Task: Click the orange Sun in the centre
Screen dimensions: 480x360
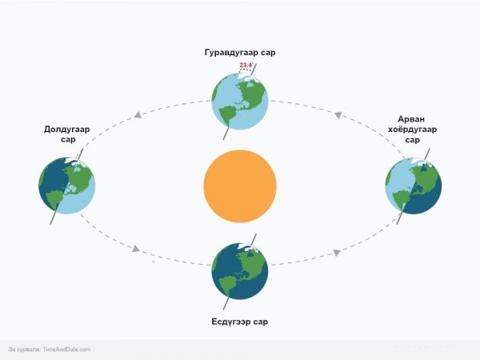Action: tap(240, 186)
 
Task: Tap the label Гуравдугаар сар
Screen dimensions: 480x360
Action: tap(240, 52)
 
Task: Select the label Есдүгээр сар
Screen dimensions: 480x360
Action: tap(240, 322)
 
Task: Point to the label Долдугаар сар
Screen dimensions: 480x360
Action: tap(67, 134)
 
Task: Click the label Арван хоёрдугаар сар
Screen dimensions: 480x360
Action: tap(412, 129)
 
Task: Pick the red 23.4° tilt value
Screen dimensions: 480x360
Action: tap(246, 66)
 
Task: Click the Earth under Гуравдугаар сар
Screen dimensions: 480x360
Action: tap(240, 102)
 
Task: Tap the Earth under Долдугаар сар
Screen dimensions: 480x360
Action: tap(67, 186)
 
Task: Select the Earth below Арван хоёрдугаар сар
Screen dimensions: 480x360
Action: tap(414, 186)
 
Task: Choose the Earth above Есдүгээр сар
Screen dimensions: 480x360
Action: tap(240, 271)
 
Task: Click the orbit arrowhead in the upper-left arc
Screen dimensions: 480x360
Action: tap(138, 115)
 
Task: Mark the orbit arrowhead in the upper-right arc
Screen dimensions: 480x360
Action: tap(338, 115)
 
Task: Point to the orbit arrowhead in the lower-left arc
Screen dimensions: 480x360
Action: tap(136, 248)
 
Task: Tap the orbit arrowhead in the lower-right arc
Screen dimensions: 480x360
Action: tap(337, 253)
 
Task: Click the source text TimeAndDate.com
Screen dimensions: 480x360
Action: tap(66, 350)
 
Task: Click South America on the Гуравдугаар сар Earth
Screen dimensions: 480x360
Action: tap(227, 114)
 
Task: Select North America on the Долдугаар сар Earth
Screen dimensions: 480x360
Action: tap(79, 180)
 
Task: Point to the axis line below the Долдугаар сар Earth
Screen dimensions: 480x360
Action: tap(54, 218)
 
